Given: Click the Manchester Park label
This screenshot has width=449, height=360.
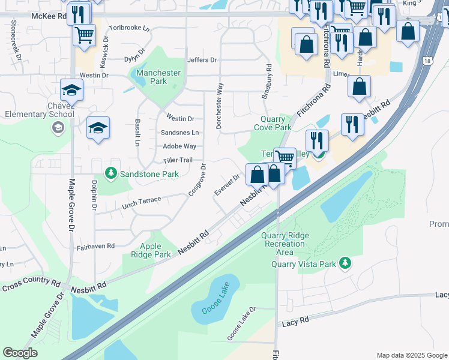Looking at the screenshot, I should (x=158, y=77).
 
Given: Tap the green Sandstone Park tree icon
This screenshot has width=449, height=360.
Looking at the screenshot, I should (x=110, y=174).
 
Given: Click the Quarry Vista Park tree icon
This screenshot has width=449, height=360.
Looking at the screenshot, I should (x=345, y=263).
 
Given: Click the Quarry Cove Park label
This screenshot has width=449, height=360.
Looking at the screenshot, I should (x=273, y=123).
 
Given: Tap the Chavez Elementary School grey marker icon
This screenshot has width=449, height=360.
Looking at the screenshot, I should (x=58, y=127).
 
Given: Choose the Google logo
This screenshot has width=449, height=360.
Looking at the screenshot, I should (x=20, y=352).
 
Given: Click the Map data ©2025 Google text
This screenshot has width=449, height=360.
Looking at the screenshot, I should (x=411, y=355).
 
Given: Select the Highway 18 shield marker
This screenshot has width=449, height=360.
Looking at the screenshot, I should (x=427, y=61).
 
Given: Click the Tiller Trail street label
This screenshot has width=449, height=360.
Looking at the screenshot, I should (x=177, y=160).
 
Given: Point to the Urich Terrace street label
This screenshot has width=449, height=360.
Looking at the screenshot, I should (x=141, y=200).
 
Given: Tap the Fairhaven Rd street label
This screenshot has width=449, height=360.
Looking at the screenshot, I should (x=95, y=246).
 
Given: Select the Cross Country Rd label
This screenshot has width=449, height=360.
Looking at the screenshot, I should (x=31, y=284).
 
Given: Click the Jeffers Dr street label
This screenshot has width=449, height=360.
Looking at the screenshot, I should (x=202, y=60).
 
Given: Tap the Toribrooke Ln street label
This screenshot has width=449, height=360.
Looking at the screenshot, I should (x=128, y=28).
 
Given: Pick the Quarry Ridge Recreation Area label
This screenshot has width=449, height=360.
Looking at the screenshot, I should (x=285, y=244).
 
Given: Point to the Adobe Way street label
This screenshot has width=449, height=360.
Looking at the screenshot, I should (x=179, y=146).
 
